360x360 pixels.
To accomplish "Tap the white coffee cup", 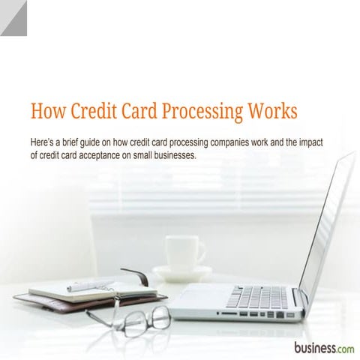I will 182,252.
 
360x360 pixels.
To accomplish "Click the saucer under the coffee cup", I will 182,272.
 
